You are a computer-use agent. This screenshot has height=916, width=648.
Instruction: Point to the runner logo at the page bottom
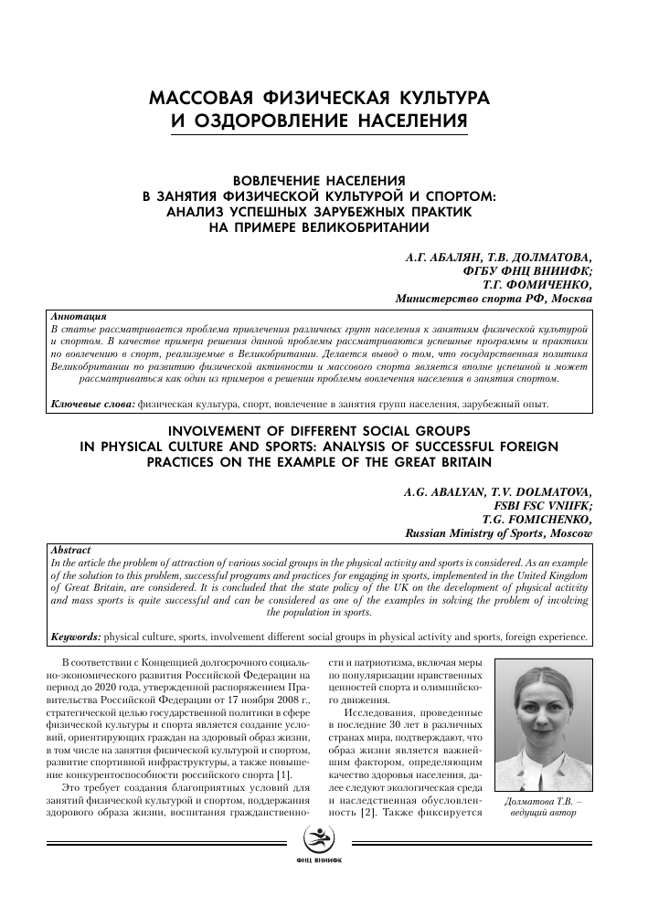324,860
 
